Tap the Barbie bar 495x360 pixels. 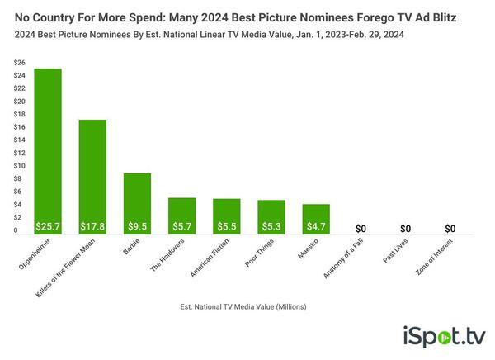click(x=137, y=198)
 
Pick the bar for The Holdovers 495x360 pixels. click(x=181, y=211)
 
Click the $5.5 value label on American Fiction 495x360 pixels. click(x=226, y=226)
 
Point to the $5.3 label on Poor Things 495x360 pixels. click(x=271, y=226)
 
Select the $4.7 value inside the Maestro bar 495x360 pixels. click(x=315, y=226)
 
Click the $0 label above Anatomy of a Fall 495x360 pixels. click(x=361, y=228)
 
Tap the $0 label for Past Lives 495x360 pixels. click(x=405, y=228)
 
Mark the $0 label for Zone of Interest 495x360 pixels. click(x=450, y=228)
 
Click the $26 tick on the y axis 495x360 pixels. click(x=18, y=63)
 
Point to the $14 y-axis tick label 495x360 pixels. click(x=18, y=140)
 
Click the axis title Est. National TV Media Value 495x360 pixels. click(x=243, y=306)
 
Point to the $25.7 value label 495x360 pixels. click(x=48, y=226)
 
